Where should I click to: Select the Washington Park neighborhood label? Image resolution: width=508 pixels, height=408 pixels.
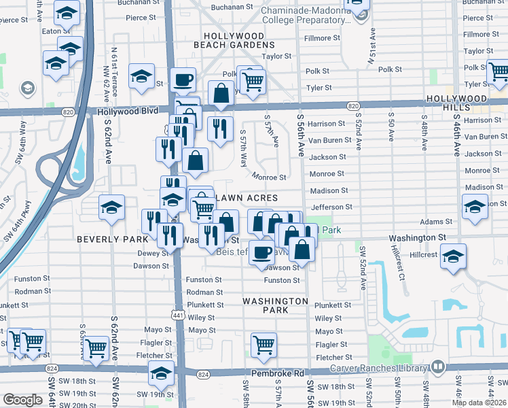276,305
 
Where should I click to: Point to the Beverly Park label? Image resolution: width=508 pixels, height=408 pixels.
112,239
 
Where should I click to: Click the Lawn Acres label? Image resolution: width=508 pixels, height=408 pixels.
247,197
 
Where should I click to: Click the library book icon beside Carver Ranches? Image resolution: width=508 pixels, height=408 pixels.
439,368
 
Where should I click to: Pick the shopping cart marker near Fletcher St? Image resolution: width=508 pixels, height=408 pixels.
263,344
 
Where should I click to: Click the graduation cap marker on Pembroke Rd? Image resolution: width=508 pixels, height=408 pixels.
161,373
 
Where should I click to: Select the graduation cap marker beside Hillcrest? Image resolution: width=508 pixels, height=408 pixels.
453,256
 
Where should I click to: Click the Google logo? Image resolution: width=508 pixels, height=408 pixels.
22,400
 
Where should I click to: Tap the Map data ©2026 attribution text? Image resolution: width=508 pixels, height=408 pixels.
479,403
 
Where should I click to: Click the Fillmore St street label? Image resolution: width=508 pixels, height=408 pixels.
323,39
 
